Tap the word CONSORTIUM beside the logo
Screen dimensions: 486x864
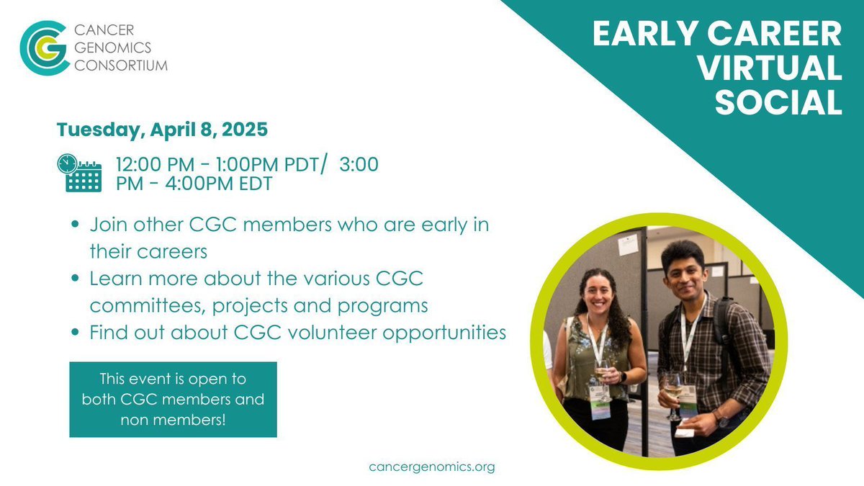(122, 66)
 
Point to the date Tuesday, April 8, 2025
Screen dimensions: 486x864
(163, 130)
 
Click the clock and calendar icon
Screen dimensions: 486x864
(79, 173)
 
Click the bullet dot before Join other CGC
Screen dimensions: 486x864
(76, 225)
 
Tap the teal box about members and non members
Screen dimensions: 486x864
(173, 400)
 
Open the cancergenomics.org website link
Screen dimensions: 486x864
(432, 467)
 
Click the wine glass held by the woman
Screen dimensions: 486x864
(600, 374)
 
